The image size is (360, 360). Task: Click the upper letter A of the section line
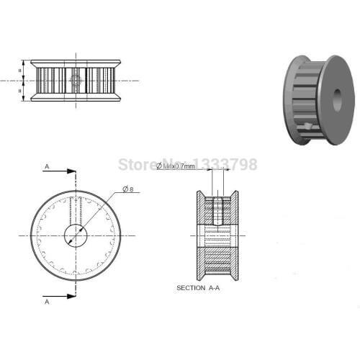click(47, 166)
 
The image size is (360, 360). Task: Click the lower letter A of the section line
click(47, 303)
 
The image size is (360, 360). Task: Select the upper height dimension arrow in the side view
click(24, 71)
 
